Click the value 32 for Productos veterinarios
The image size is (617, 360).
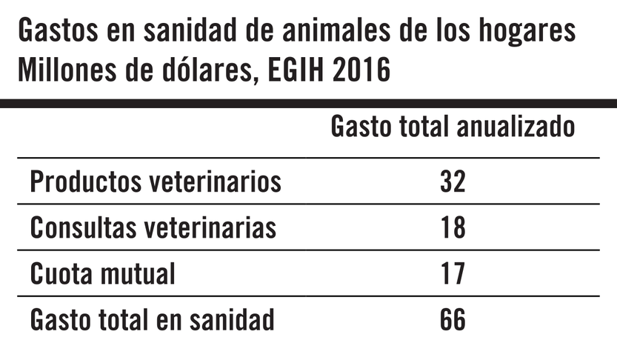point(452,181)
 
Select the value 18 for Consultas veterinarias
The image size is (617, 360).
point(452,228)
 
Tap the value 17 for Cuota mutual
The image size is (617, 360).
point(452,274)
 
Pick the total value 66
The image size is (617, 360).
point(452,320)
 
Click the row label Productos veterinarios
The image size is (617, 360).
point(156,181)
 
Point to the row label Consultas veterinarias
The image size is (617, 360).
point(153,228)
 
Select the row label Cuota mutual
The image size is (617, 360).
point(103,274)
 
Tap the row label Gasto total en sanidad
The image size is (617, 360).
point(153,320)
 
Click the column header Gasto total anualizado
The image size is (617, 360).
point(453,127)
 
